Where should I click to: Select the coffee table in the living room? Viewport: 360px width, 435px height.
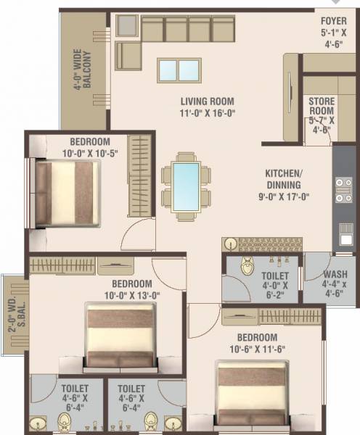point(179,70)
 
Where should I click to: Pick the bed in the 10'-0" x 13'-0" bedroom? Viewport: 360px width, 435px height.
point(120,335)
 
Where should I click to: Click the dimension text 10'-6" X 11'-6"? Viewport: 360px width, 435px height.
point(257,348)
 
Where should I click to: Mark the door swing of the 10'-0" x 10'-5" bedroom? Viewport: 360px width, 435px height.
point(136,233)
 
